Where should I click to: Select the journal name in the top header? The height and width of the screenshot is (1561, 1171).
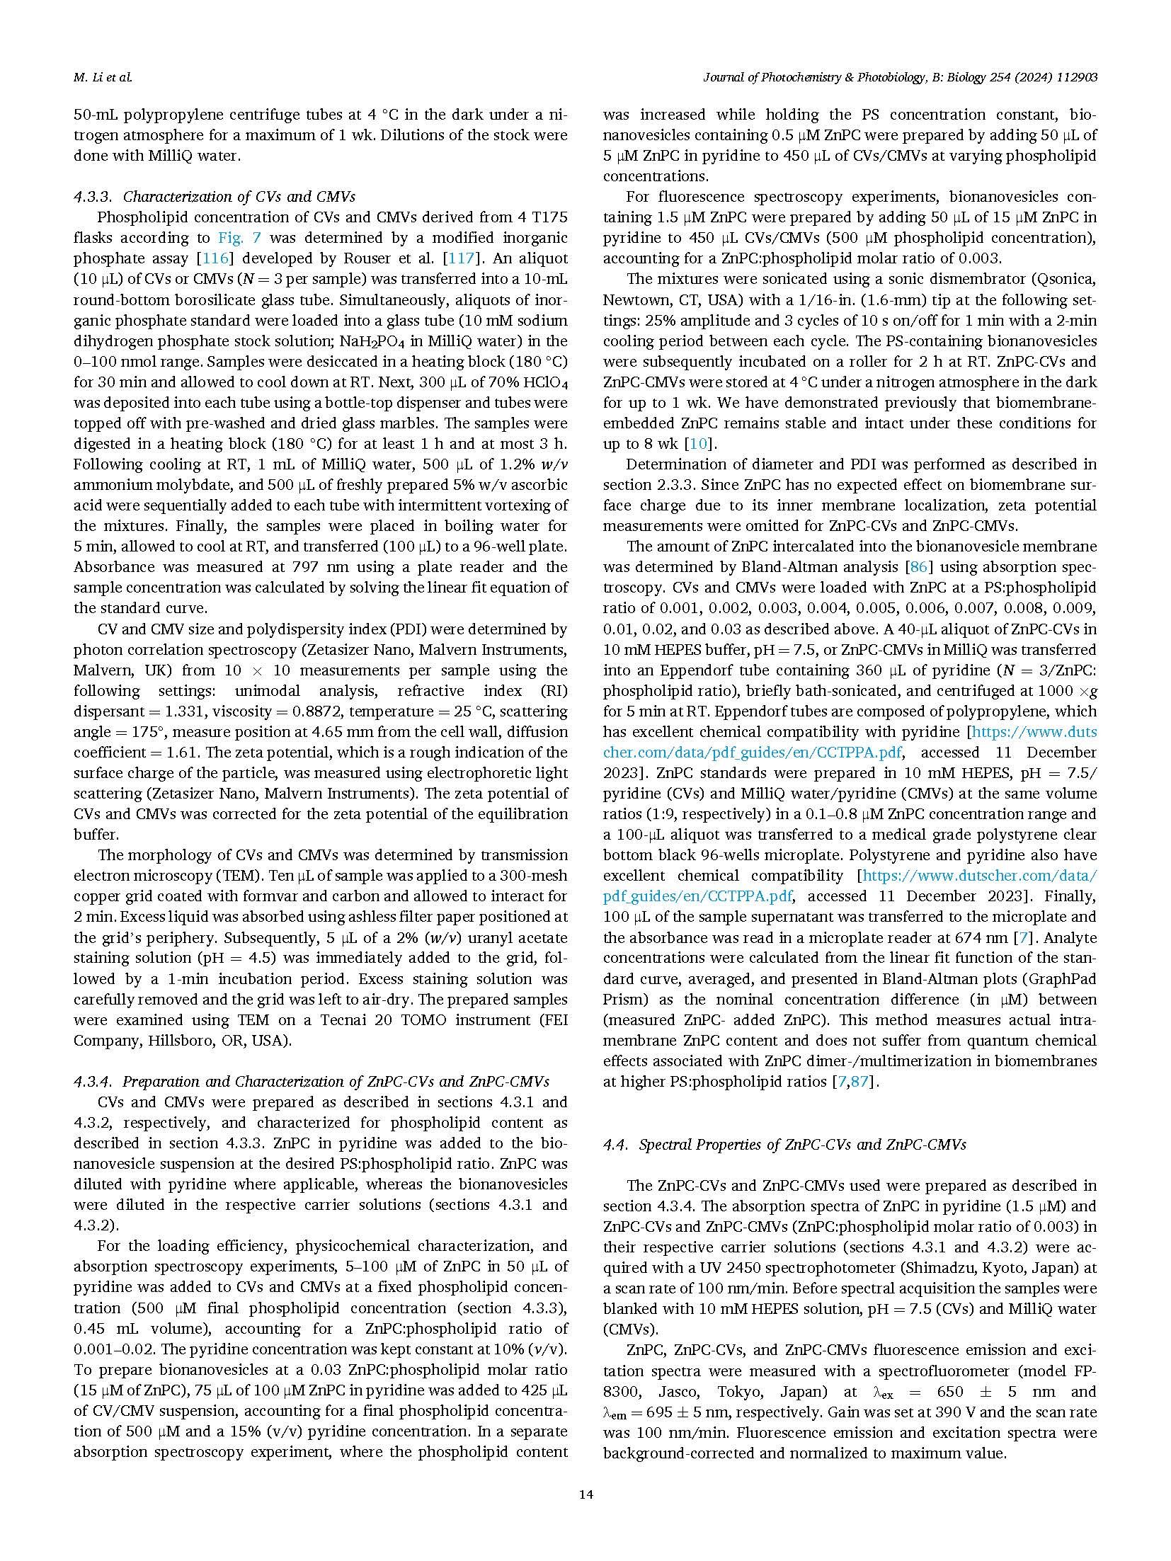(899, 77)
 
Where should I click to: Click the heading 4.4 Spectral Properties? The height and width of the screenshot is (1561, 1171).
(784, 1145)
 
